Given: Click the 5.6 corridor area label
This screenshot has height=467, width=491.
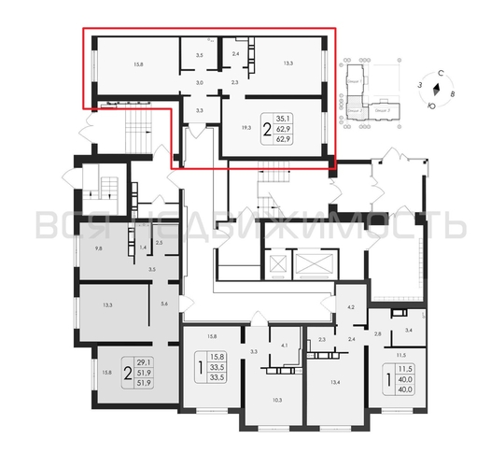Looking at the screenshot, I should pos(165,302).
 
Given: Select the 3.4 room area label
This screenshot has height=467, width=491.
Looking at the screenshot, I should pos(408,329).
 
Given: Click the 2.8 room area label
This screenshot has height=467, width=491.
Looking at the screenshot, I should pos(378,333).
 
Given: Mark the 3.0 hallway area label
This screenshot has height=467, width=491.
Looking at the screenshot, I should pos(199,83).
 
